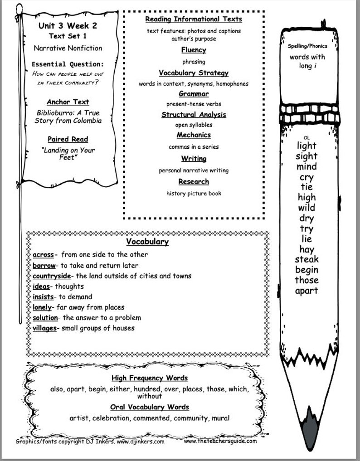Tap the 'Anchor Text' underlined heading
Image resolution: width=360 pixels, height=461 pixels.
[x=68, y=102]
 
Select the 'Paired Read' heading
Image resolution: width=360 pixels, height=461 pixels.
[x=68, y=139]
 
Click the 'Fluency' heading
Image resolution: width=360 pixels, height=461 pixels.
[x=194, y=50]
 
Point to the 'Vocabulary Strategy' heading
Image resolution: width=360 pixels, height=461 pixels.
[x=194, y=73]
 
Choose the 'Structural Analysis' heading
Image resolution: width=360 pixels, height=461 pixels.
[x=194, y=115]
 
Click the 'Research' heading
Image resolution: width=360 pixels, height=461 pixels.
[x=194, y=181]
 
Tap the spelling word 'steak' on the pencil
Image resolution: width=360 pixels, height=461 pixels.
[x=307, y=260]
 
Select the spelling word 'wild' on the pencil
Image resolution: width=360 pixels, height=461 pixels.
[x=307, y=208]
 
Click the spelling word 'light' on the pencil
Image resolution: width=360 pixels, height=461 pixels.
[x=307, y=146]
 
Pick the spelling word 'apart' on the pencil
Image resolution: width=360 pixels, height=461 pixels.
[x=307, y=291]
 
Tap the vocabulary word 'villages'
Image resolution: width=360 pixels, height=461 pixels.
[x=44, y=328]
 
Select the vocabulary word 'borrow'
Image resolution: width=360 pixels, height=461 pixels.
[x=44, y=266]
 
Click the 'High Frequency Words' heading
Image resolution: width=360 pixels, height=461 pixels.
[x=150, y=378]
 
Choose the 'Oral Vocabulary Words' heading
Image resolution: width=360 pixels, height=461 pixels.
[x=150, y=407]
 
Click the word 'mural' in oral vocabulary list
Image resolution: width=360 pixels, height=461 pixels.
[x=220, y=418]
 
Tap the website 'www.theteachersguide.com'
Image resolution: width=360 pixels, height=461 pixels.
[x=220, y=441]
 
